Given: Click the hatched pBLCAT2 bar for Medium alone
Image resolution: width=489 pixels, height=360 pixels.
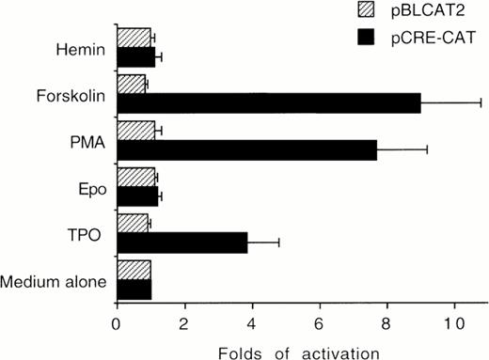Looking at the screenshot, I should (x=134, y=271).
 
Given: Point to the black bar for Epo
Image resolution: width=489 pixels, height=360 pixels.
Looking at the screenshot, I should (x=136, y=196).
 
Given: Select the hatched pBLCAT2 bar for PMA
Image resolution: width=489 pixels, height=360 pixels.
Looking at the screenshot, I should (x=135, y=130).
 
